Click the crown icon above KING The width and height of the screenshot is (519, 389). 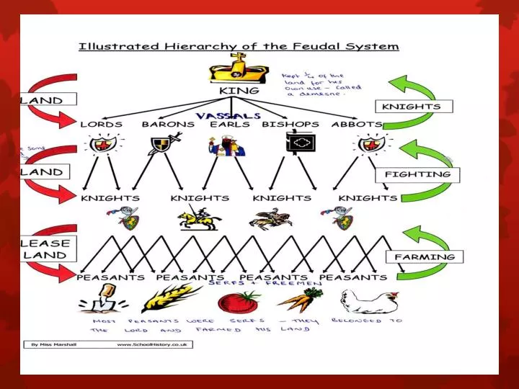click(239, 71)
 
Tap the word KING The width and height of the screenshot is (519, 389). click(239, 92)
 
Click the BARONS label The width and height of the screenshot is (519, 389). click(168, 124)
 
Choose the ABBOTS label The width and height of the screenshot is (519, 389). click(357, 124)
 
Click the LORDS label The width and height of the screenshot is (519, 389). click(101, 124)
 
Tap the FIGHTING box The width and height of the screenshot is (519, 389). click(417, 174)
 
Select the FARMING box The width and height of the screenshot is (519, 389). click(425, 256)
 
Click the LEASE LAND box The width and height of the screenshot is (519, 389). click(45, 249)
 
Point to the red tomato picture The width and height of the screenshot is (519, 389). click(249, 300)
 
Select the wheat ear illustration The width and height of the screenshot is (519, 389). click(170, 298)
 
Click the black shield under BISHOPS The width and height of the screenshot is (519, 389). click(298, 145)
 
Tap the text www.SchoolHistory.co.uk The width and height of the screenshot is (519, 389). click(153, 345)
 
